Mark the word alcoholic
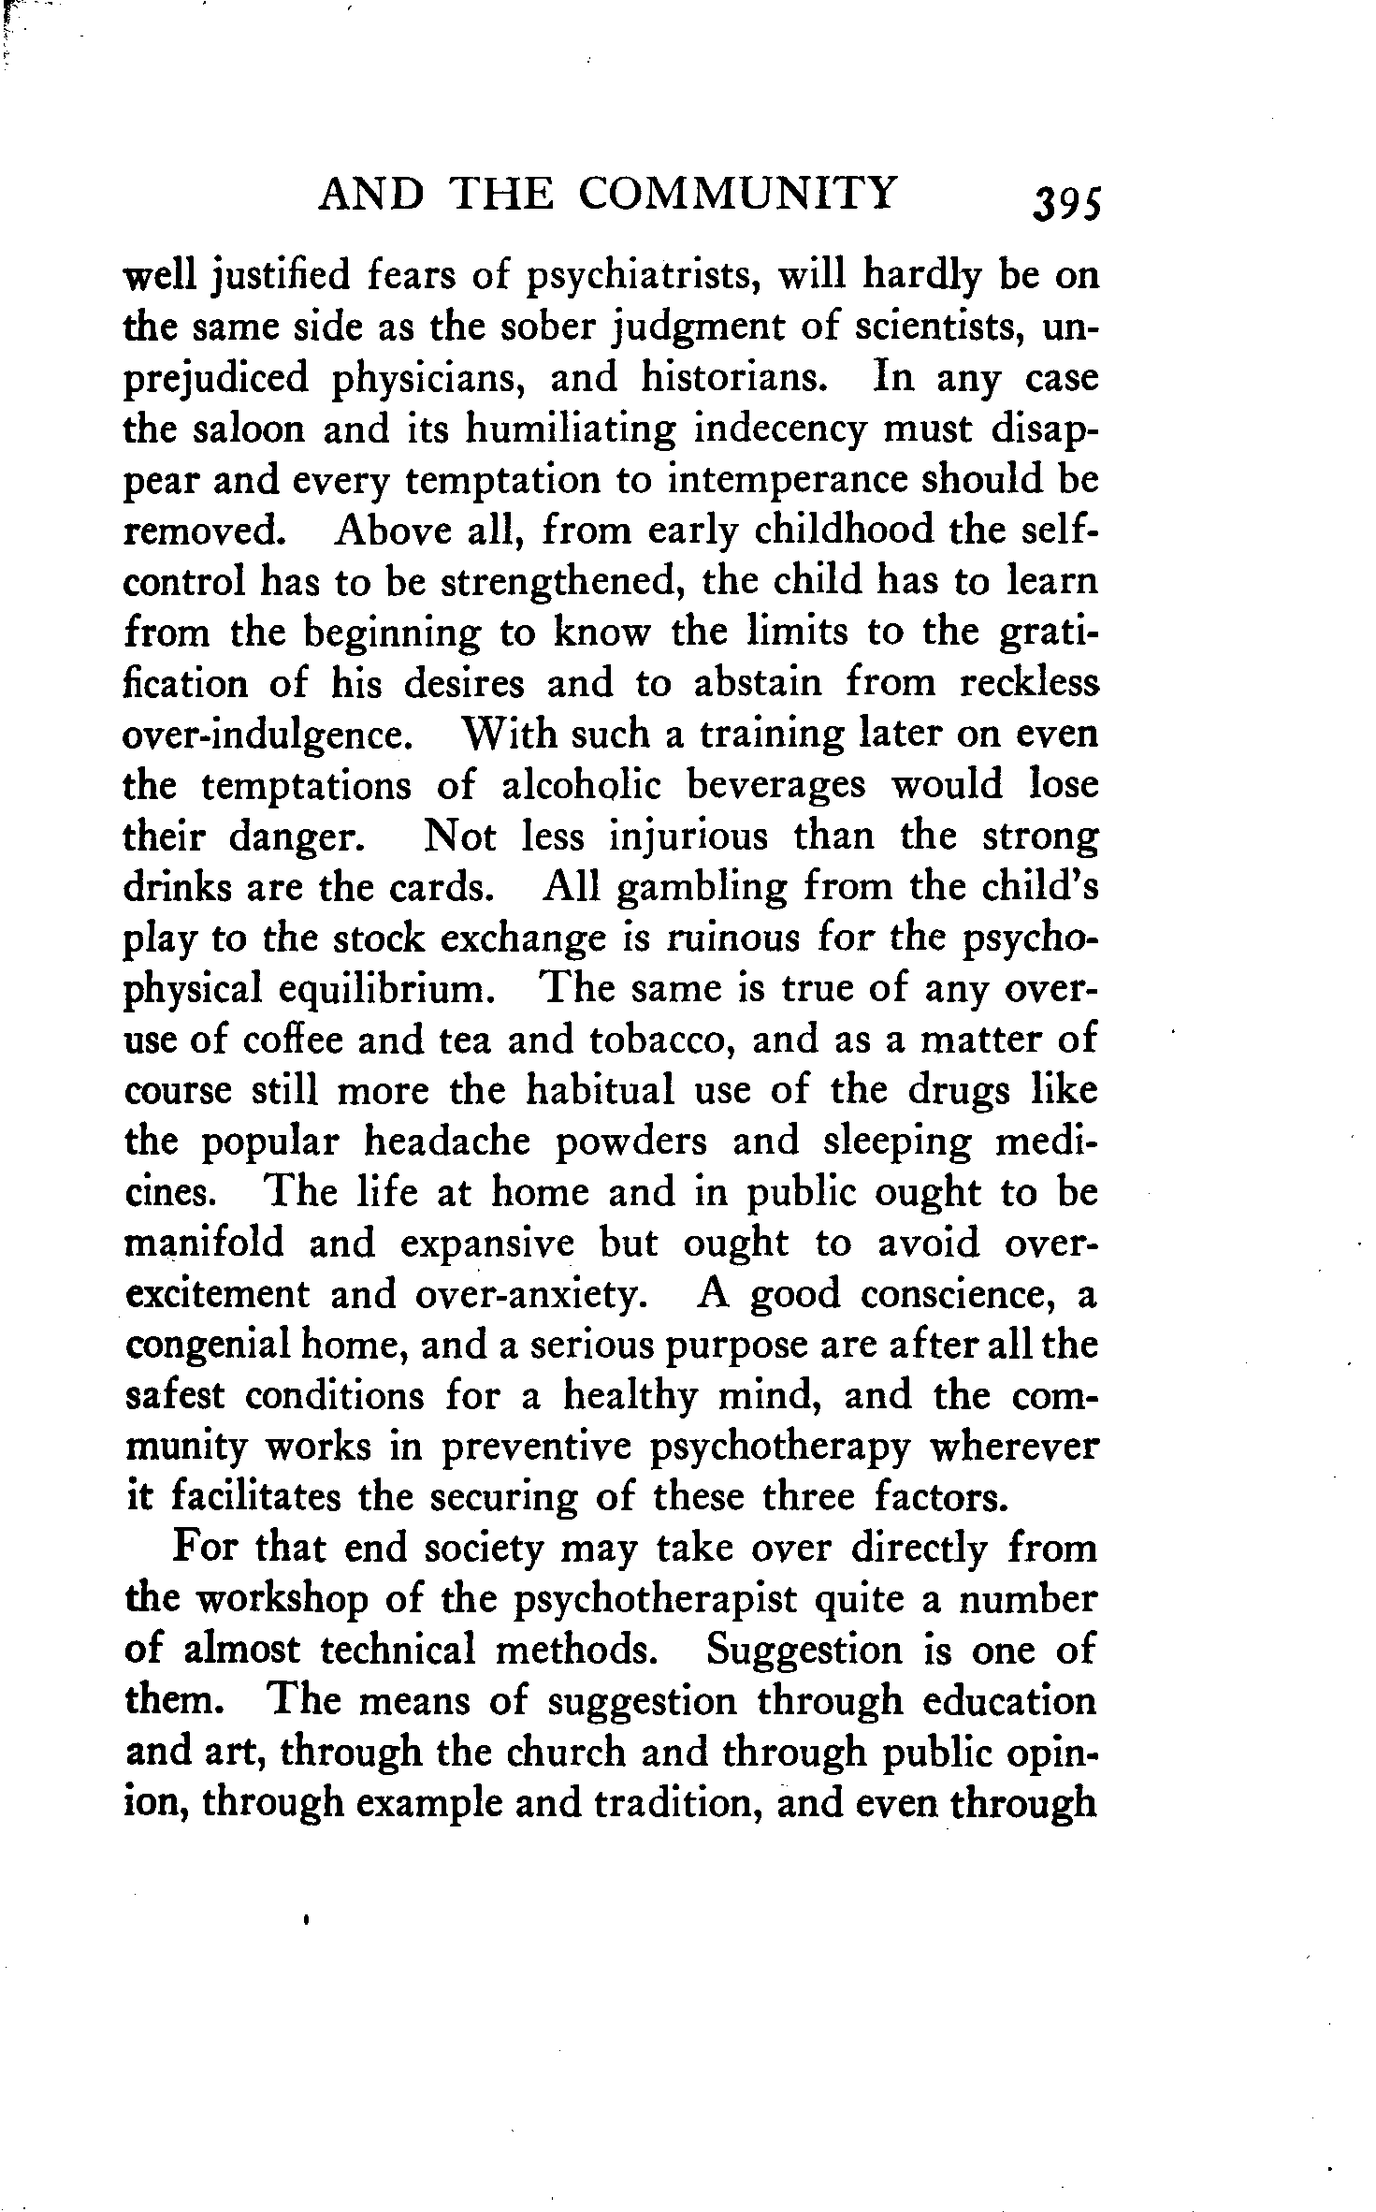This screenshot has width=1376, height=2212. click(581, 784)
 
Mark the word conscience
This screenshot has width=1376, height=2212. click(959, 1294)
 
